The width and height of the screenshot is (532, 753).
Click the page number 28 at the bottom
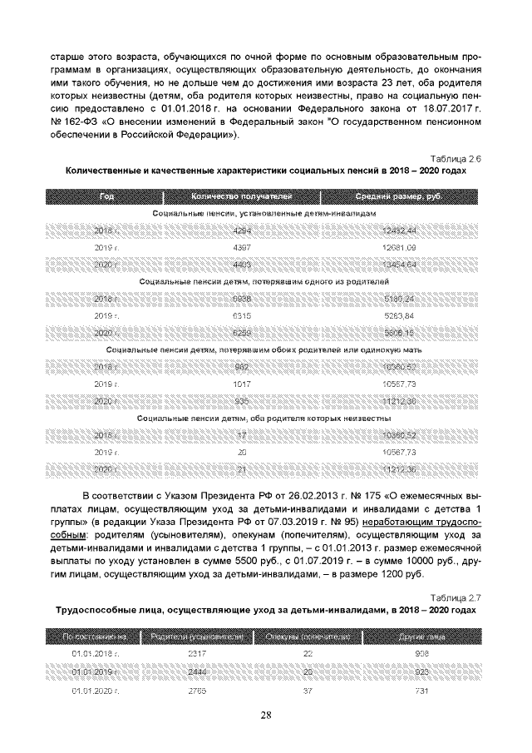tap(266, 714)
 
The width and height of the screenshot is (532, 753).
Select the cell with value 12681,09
tap(400, 247)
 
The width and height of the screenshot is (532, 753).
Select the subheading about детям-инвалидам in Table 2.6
tap(265, 214)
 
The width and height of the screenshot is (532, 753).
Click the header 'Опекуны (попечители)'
tap(307, 637)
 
